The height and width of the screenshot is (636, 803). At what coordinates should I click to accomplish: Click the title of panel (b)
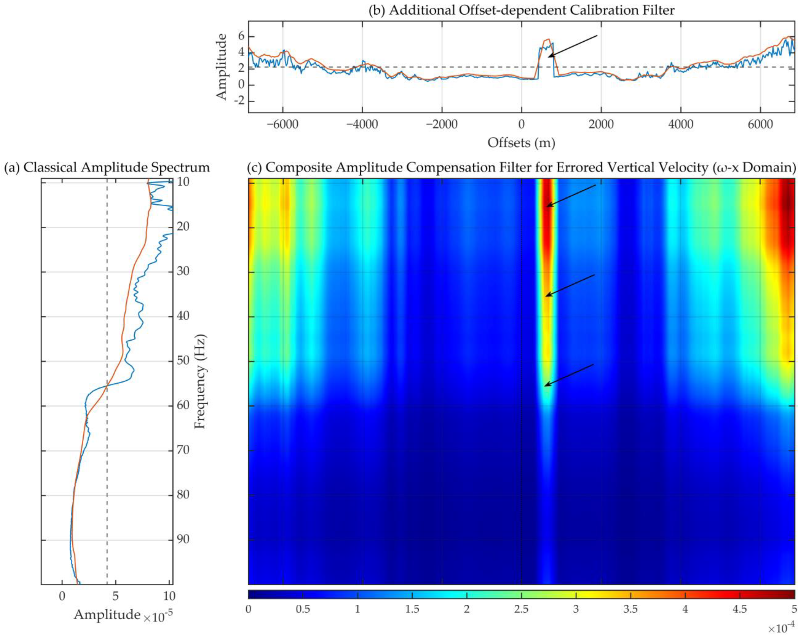521,10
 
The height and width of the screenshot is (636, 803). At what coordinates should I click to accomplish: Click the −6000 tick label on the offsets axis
282,124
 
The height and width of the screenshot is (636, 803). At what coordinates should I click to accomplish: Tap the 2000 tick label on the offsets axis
601,124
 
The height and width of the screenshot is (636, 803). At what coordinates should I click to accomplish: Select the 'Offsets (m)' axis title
521,143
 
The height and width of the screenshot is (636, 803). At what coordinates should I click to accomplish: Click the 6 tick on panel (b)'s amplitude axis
241,36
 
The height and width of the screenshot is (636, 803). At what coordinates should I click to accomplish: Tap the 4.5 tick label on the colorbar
739,610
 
